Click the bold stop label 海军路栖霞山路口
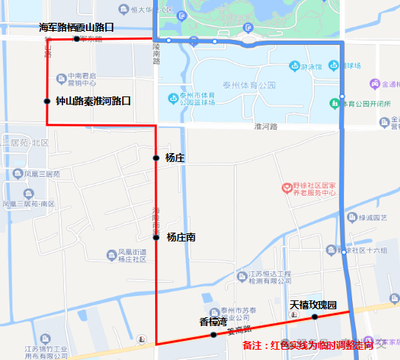click(x=76, y=27)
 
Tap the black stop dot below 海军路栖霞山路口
click(x=76, y=38)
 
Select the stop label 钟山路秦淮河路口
click(x=93, y=101)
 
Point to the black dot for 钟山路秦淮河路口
click(x=47, y=101)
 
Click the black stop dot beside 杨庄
click(x=156, y=158)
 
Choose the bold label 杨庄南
click(x=181, y=237)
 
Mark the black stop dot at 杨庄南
click(x=156, y=237)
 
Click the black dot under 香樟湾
click(x=213, y=335)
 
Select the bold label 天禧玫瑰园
click(x=312, y=305)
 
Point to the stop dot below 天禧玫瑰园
click(x=314, y=317)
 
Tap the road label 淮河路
click(x=265, y=127)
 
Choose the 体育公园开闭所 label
click(x=365, y=103)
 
